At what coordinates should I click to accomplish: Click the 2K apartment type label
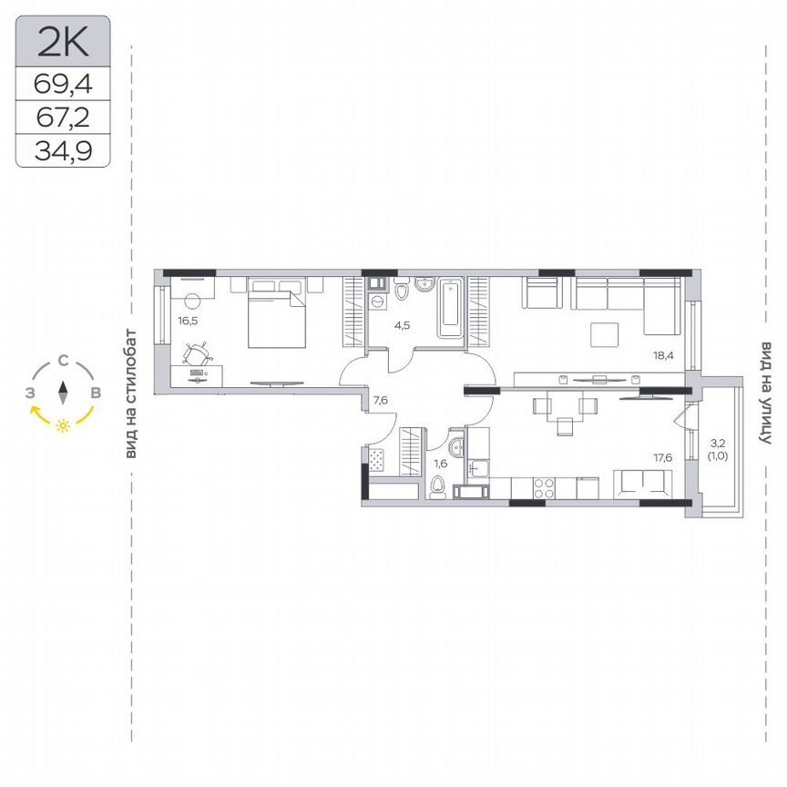pos(62,40)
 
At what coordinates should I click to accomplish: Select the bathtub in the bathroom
pos(450,310)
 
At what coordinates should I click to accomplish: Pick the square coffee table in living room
pos(606,335)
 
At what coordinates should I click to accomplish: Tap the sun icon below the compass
pos(63,425)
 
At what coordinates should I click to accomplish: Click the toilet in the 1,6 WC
pos(438,488)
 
